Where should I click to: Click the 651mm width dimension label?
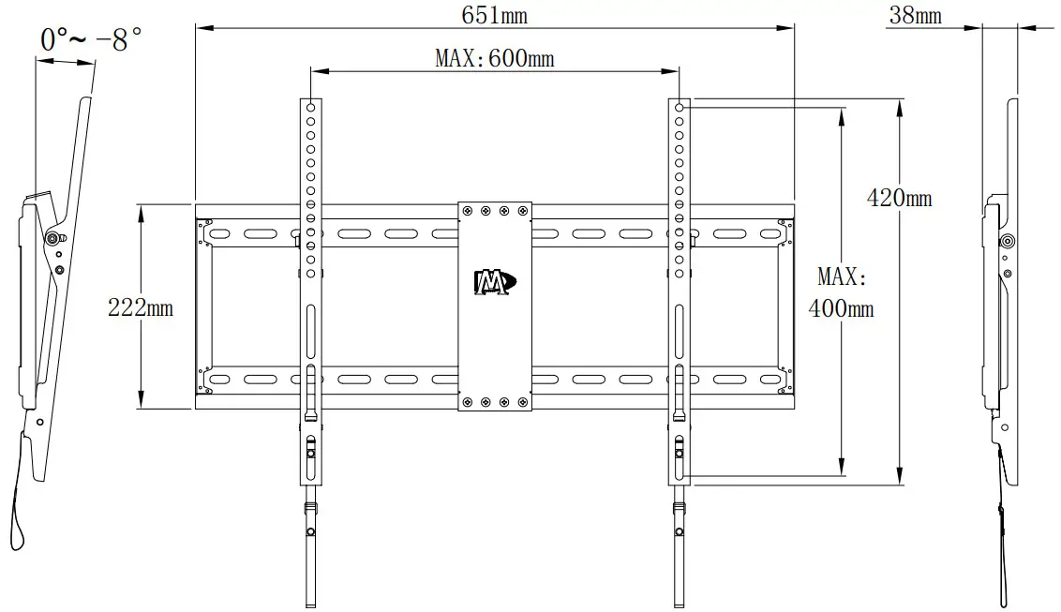tap(494, 16)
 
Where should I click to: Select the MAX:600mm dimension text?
tap(494, 59)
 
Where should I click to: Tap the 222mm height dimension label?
tap(141, 307)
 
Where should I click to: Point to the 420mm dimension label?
tap(899, 198)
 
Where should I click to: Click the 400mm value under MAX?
tap(841, 307)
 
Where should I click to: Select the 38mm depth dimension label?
tap(915, 16)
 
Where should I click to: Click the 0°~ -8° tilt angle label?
tap(91, 40)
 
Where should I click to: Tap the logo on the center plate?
tap(494, 282)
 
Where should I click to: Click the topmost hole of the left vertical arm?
tap(310, 108)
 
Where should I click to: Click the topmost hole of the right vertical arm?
tap(679, 108)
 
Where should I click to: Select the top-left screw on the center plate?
tap(466, 212)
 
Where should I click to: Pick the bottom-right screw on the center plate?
tap(523, 403)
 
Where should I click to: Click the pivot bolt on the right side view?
tap(1007, 242)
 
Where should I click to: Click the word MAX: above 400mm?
tap(843, 276)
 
